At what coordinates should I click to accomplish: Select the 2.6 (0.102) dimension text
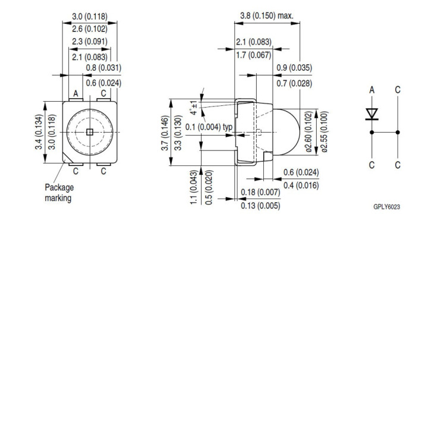90,28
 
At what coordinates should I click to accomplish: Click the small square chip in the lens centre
89,131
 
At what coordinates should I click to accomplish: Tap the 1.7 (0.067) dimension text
253,55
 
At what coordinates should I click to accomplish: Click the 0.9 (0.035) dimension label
294,68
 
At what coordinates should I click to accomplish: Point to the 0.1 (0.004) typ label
209,127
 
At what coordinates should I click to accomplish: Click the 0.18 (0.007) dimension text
260,192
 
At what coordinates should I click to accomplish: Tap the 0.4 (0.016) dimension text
301,185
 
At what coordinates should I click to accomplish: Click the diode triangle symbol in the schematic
372,113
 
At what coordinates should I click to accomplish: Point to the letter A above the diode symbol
372,90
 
